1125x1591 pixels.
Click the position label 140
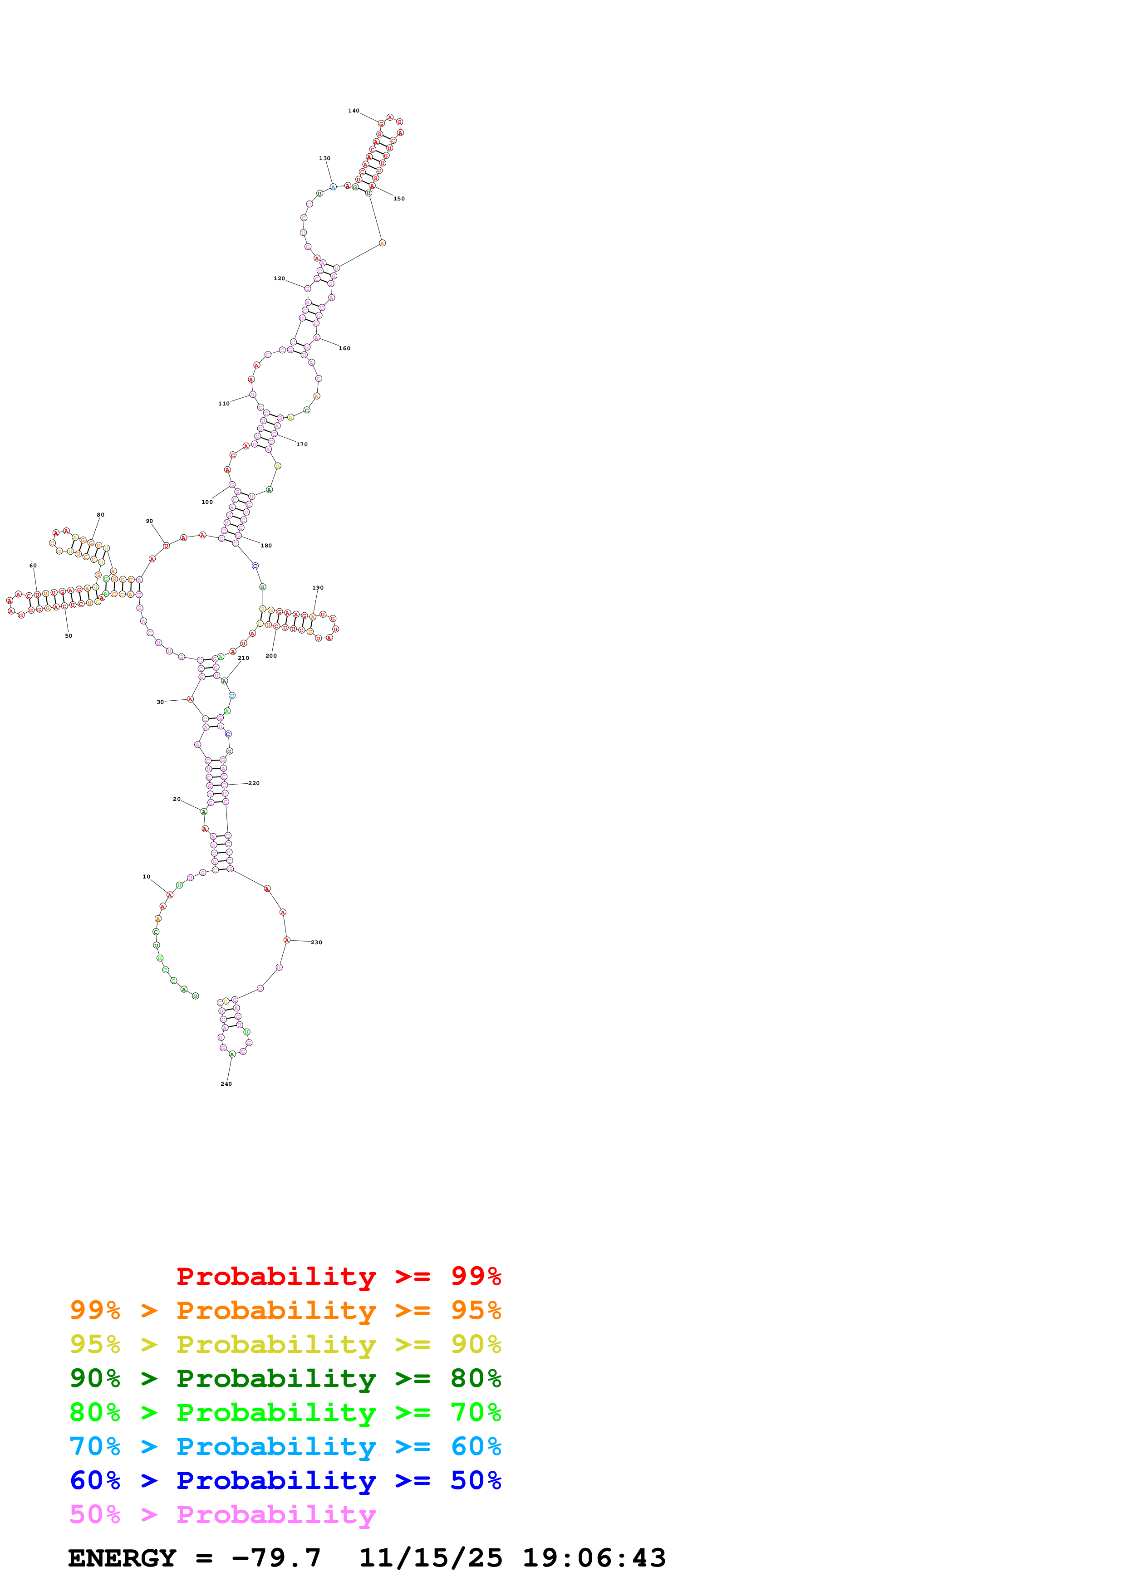[354, 111]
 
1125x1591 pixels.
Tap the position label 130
[324, 159]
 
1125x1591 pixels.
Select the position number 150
[399, 199]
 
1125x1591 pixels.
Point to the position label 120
[280, 278]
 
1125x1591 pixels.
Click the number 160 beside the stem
[344, 349]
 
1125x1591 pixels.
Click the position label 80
[100, 515]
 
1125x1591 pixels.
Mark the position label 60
[33, 566]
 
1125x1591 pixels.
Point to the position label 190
[318, 588]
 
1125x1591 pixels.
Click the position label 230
[317, 942]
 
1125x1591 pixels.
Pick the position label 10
[146, 877]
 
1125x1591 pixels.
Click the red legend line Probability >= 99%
[338, 1276]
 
